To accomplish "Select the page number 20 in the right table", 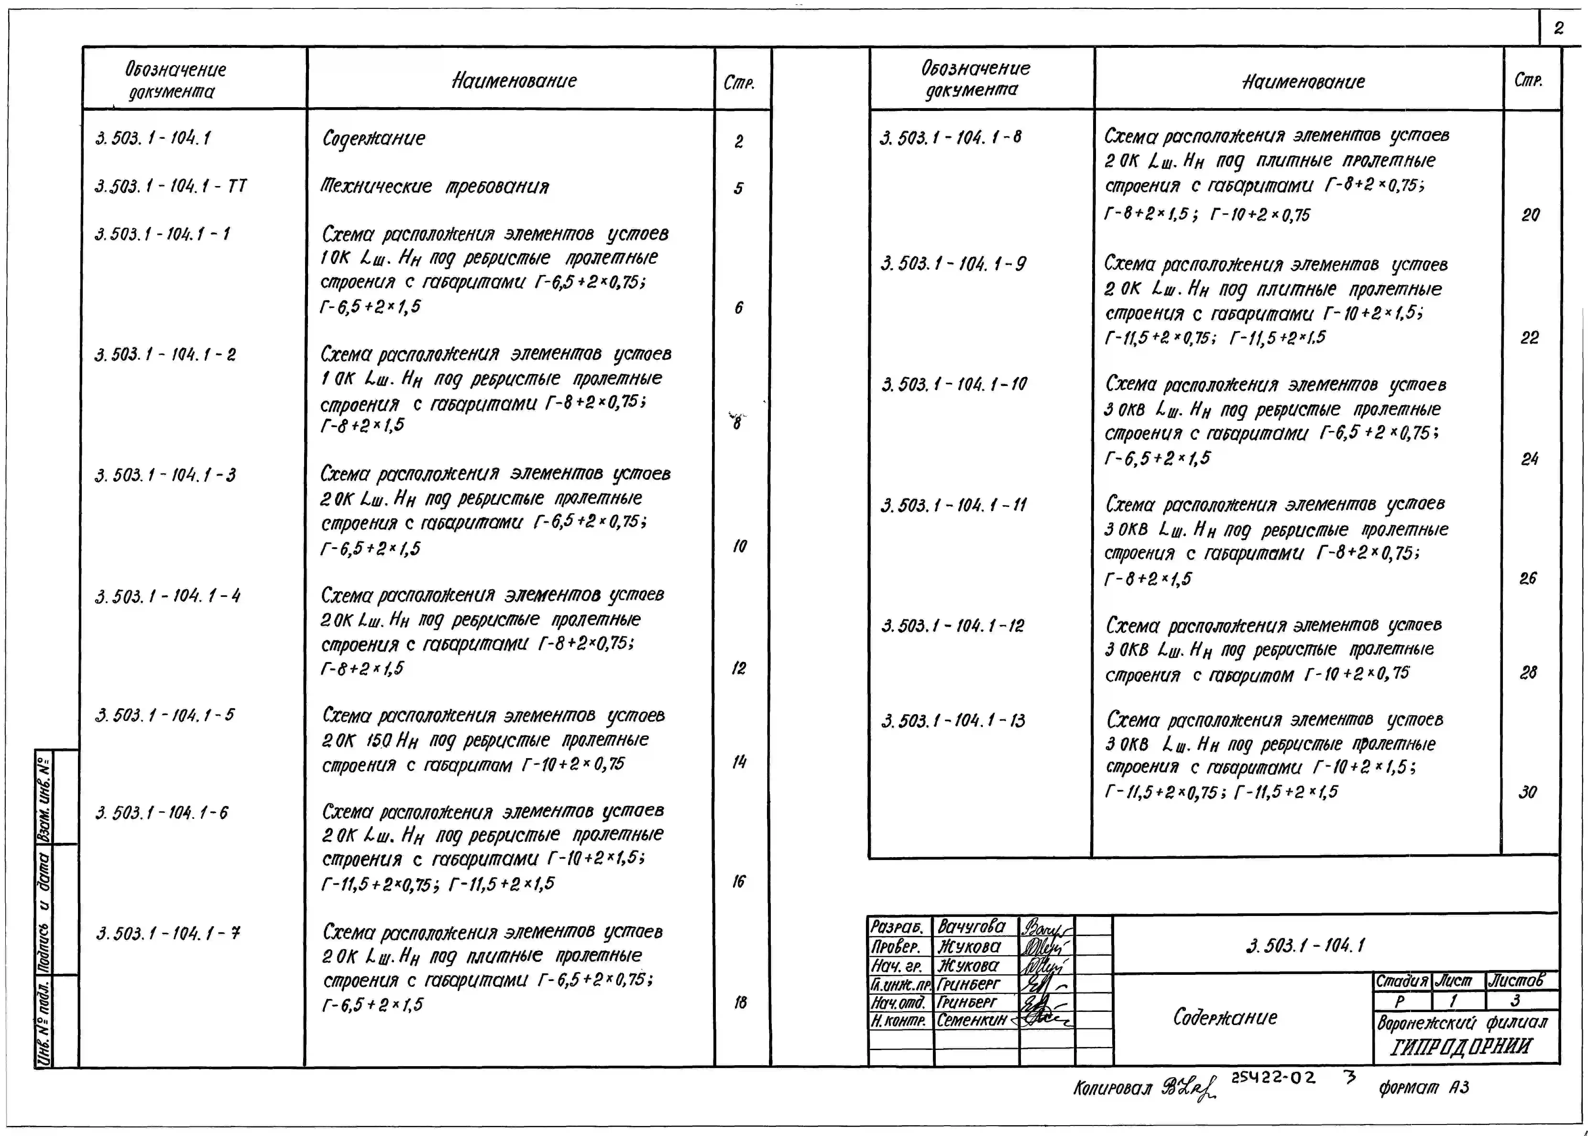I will coord(1530,215).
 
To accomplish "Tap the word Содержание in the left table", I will coord(373,138).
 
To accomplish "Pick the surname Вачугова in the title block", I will coord(971,927).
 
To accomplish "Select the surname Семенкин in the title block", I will coord(971,1020).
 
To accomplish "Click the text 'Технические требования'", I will coord(434,187).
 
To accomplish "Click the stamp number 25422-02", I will coord(1273,1078).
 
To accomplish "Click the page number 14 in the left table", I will coord(739,762).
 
